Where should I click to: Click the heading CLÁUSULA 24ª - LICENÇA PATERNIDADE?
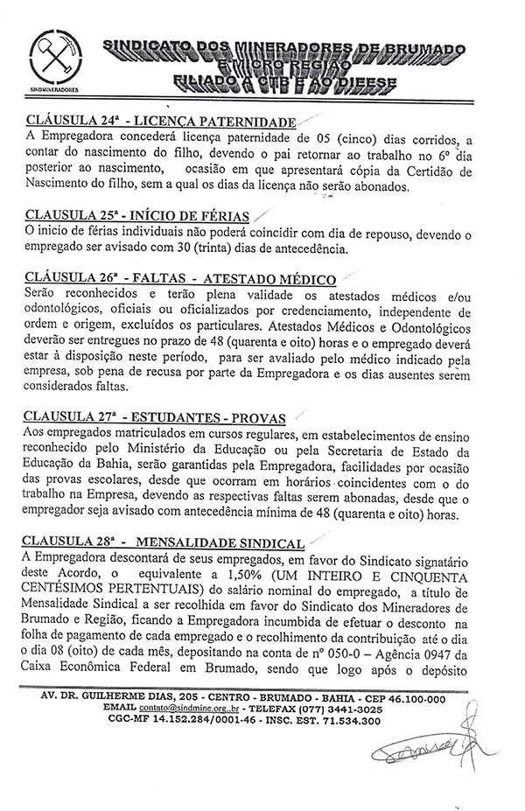(x=161, y=122)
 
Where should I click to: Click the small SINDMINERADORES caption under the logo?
(x=52, y=89)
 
